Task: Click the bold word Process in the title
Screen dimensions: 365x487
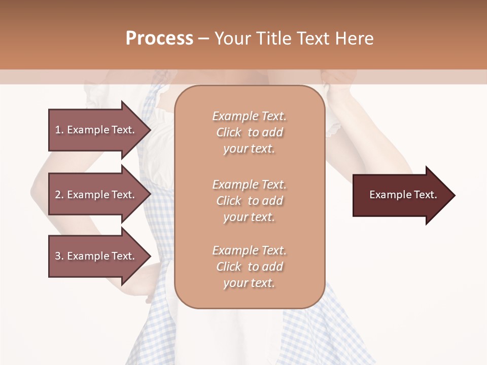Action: (159, 39)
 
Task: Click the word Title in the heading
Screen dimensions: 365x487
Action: (274, 39)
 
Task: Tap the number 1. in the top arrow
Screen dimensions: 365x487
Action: (59, 130)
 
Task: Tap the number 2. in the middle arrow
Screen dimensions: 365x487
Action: (59, 195)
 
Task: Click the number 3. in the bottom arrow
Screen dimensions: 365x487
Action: (59, 256)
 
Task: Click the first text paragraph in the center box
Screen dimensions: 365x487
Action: (249, 132)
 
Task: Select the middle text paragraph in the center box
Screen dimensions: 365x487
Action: (249, 201)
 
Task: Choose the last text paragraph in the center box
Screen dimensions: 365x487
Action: (249, 267)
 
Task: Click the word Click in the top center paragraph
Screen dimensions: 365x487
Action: (229, 132)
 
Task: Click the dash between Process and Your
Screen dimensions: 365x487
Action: (204, 39)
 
